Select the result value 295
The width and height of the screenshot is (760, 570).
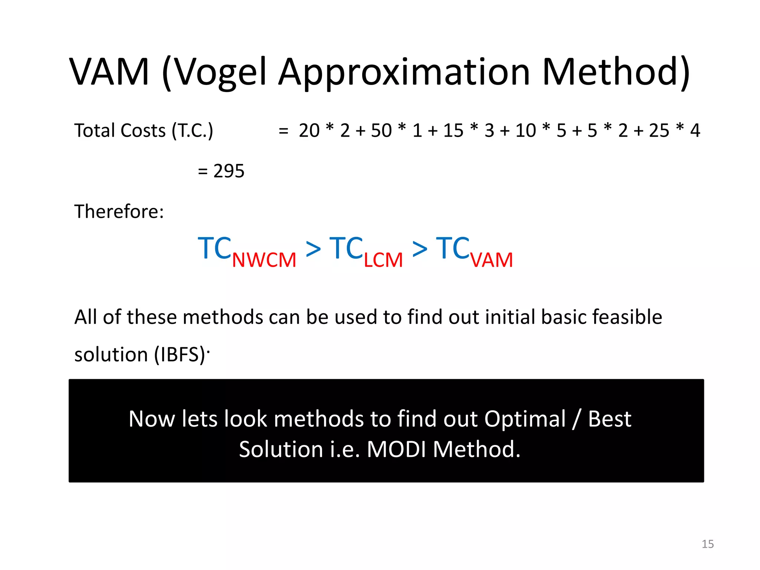(229, 171)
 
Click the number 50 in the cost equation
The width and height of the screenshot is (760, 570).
(381, 131)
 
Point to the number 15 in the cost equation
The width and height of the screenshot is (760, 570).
(453, 131)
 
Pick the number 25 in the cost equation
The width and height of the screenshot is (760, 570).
(659, 131)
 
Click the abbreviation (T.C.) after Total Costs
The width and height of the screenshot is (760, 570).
(192, 131)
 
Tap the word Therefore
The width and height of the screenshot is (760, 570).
(119, 212)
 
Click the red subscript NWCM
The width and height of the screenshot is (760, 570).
(264, 260)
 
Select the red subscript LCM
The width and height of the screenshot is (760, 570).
(383, 260)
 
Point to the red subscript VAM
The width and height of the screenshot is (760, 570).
(492, 260)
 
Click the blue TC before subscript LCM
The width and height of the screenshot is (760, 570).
(346, 248)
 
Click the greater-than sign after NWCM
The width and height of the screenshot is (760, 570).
(313, 249)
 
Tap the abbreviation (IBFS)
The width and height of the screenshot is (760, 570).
(180, 354)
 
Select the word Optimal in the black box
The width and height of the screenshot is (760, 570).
(525, 419)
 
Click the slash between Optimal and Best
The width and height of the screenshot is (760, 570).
(576, 419)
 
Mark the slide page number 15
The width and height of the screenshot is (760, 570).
(708, 544)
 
